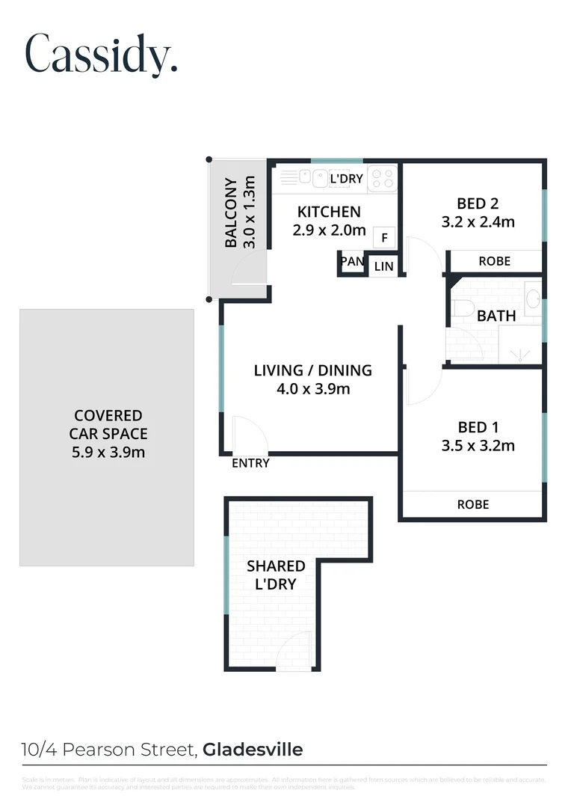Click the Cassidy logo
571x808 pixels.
coord(102,54)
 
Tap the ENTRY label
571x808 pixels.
coord(250,464)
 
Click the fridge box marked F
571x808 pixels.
coord(384,239)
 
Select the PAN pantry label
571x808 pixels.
coord(351,262)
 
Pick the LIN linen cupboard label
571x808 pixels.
coord(383,266)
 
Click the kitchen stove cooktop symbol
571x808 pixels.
coord(383,178)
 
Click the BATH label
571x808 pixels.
coord(496,316)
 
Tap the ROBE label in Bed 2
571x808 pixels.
coord(494,261)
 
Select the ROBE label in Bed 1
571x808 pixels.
coord(473,505)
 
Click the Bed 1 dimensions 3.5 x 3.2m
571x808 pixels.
coord(478,446)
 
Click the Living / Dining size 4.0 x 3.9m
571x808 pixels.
coord(312,388)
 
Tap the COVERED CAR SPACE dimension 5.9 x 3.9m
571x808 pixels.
coord(108,452)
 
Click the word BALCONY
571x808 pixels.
coord(232,213)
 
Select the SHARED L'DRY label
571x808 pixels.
coord(276,575)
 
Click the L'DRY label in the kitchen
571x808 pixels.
coord(346,179)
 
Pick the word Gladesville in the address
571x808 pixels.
coord(253,750)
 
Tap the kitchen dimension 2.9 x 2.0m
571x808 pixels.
coord(329,230)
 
